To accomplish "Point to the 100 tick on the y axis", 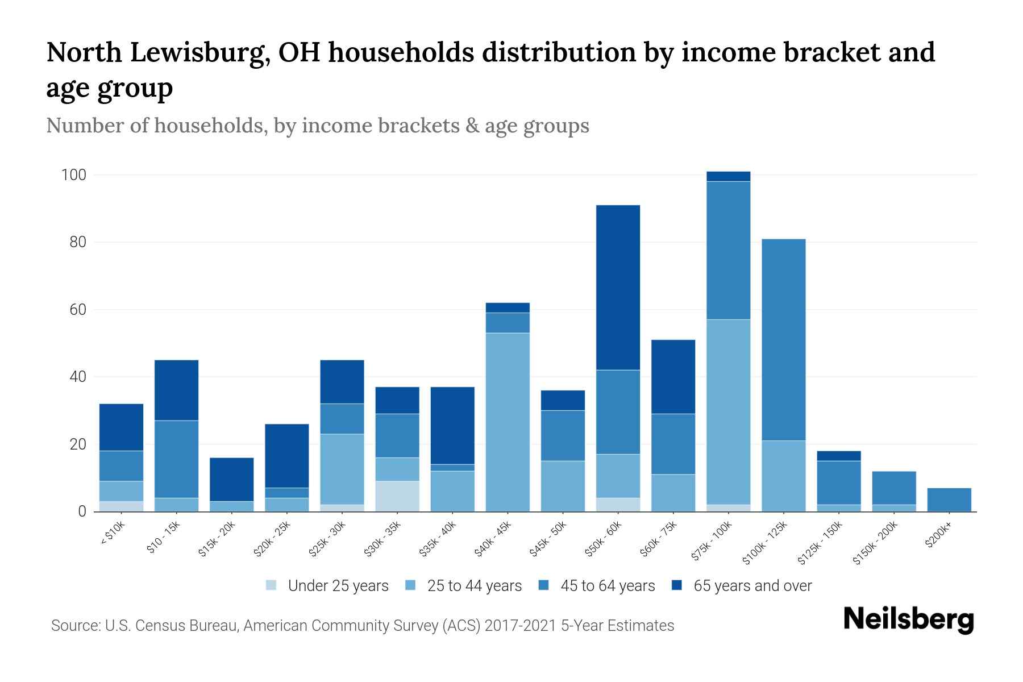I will (x=74, y=175).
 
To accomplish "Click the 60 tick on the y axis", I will (x=78, y=310).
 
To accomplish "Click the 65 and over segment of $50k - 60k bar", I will (x=618, y=288).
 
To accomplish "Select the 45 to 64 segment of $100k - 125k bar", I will (x=783, y=340).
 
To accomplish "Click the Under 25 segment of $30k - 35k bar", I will (x=397, y=496).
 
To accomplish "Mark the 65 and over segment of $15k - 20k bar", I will (x=231, y=479).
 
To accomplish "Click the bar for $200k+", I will (x=949, y=500).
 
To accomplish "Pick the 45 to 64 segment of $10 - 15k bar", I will (x=176, y=459).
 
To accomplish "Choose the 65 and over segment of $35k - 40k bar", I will (x=452, y=425).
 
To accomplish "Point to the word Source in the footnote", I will (x=75, y=626).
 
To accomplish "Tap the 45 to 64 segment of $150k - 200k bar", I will (x=893, y=488).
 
